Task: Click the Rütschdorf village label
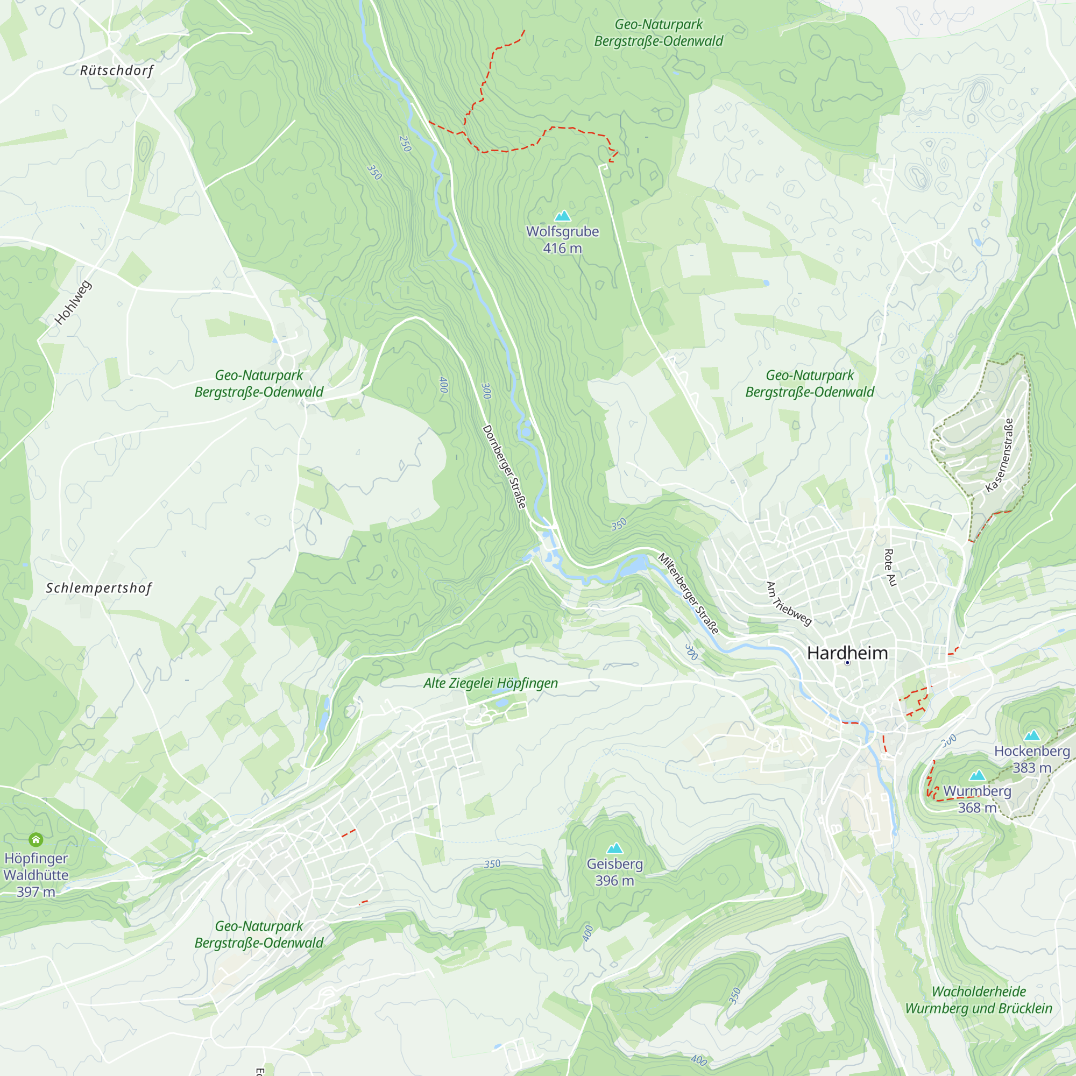point(116,70)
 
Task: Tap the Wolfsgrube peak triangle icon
point(563,216)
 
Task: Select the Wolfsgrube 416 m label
point(563,240)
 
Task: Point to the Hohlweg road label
point(73,303)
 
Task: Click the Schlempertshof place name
point(98,588)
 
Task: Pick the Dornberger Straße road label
point(504,466)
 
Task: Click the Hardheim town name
point(847,653)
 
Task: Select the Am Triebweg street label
point(789,604)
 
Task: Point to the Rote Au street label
point(890,568)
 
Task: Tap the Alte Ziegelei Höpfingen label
point(490,683)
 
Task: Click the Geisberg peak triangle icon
point(614,848)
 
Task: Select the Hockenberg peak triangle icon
point(1032,735)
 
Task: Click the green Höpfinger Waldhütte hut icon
point(36,839)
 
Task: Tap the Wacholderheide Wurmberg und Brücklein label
point(979,1000)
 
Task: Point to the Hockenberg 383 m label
point(1032,759)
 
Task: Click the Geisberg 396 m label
point(614,872)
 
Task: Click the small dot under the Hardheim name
point(847,663)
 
